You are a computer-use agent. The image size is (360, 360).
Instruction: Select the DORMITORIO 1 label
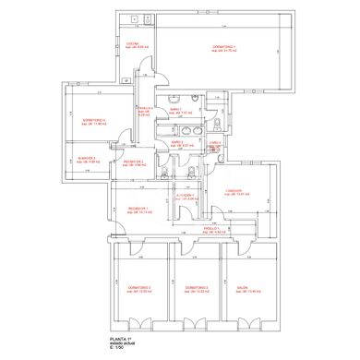coord(225,48)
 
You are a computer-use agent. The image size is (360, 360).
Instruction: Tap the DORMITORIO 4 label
coord(94,119)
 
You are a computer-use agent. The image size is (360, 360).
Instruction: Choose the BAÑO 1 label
coord(175,111)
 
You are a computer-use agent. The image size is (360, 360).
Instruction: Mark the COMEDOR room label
coord(239,193)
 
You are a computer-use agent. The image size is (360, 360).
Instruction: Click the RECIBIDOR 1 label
coord(138,210)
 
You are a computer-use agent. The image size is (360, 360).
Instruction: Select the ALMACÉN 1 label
coord(185,197)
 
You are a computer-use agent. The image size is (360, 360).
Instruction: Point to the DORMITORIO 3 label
coord(139,289)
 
